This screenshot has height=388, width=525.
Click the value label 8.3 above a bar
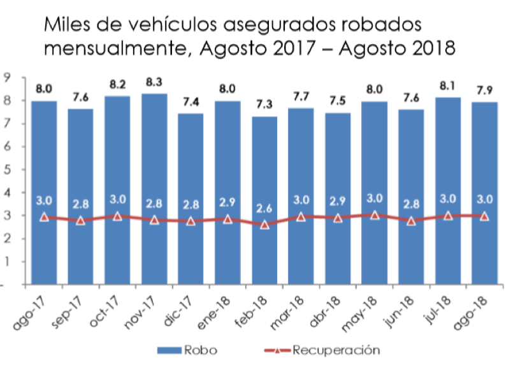coord(154,82)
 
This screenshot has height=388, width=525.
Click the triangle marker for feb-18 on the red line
coord(264,225)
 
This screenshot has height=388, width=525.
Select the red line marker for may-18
coord(375,215)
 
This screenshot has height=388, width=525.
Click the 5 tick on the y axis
coord(7,170)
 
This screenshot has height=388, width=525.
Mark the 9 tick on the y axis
coord(7,77)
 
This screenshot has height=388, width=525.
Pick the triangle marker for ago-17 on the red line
coord(44,217)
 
